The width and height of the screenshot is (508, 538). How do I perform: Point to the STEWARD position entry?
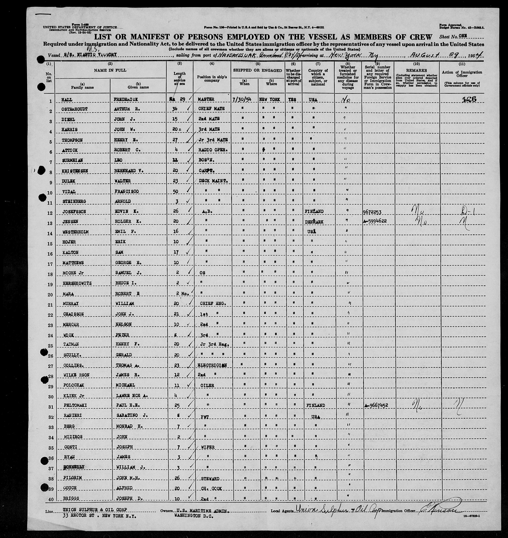(x=210, y=479)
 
